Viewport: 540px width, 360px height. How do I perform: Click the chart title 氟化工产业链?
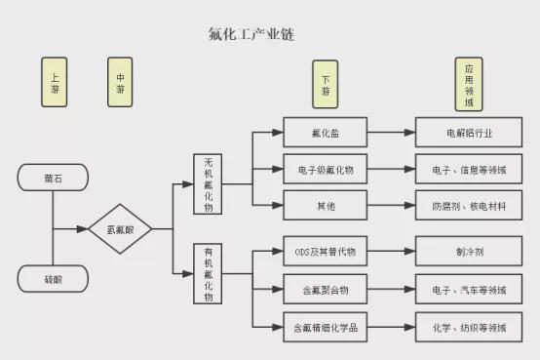pyautogui.click(x=251, y=34)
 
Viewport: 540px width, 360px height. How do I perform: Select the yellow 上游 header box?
pyautogui.click(x=54, y=82)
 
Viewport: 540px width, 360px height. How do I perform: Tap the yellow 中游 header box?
pyautogui.click(x=120, y=82)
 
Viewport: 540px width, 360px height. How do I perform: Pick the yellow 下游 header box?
pyautogui.click(x=326, y=84)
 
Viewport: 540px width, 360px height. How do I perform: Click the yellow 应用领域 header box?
pyautogui.click(x=469, y=84)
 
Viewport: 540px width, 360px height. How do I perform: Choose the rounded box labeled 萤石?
pyautogui.click(x=53, y=178)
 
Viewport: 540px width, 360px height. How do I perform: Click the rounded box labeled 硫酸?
pyautogui.click(x=53, y=279)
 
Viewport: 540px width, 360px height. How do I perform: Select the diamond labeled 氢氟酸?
pyautogui.click(x=120, y=228)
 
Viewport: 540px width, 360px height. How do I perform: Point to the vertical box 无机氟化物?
pyautogui.click(x=208, y=184)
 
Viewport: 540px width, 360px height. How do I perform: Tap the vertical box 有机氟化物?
pyautogui.click(x=208, y=274)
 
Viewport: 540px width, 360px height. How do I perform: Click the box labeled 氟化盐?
pyautogui.click(x=326, y=133)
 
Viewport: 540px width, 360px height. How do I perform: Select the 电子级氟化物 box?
pyautogui.click(x=326, y=169)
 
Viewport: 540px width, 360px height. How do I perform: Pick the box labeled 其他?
pyautogui.click(x=326, y=205)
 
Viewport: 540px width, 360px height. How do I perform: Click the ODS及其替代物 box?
pyautogui.click(x=326, y=251)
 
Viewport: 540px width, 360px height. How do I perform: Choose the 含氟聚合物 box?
pyautogui.click(x=326, y=289)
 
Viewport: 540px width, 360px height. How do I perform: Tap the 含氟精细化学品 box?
pyautogui.click(x=326, y=327)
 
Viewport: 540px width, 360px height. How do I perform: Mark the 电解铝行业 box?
pyautogui.click(x=469, y=133)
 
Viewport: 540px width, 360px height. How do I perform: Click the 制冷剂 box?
pyautogui.click(x=469, y=251)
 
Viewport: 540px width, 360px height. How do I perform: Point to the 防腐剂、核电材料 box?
pyautogui.click(x=469, y=205)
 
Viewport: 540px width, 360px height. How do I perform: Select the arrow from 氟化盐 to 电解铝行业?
pyautogui.click(x=391, y=133)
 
